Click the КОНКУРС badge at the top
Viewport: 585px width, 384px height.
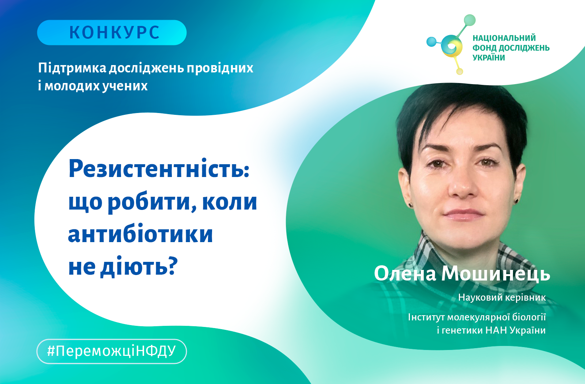click(x=112, y=33)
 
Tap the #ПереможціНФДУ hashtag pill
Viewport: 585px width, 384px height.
click(x=112, y=351)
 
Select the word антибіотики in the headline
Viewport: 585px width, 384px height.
click(x=140, y=234)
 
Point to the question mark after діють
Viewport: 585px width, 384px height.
click(x=172, y=266)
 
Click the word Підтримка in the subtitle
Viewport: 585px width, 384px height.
click(x=72, y=68)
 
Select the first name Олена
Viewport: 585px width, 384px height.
click(x=405, y=274)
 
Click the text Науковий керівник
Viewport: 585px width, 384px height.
click(x=502, y=298)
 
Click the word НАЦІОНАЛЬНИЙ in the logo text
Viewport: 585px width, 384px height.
click(x=504, y=38)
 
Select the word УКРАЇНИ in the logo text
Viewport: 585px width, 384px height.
click(x=488, y=57)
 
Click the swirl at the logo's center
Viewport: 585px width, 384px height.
click(x=451, y=46)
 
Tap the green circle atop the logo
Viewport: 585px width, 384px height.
click(x=469, y=20)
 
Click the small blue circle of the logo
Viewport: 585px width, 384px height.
click(x=431, y=42)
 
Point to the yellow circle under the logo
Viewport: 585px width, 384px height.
click(x=460, y=71)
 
